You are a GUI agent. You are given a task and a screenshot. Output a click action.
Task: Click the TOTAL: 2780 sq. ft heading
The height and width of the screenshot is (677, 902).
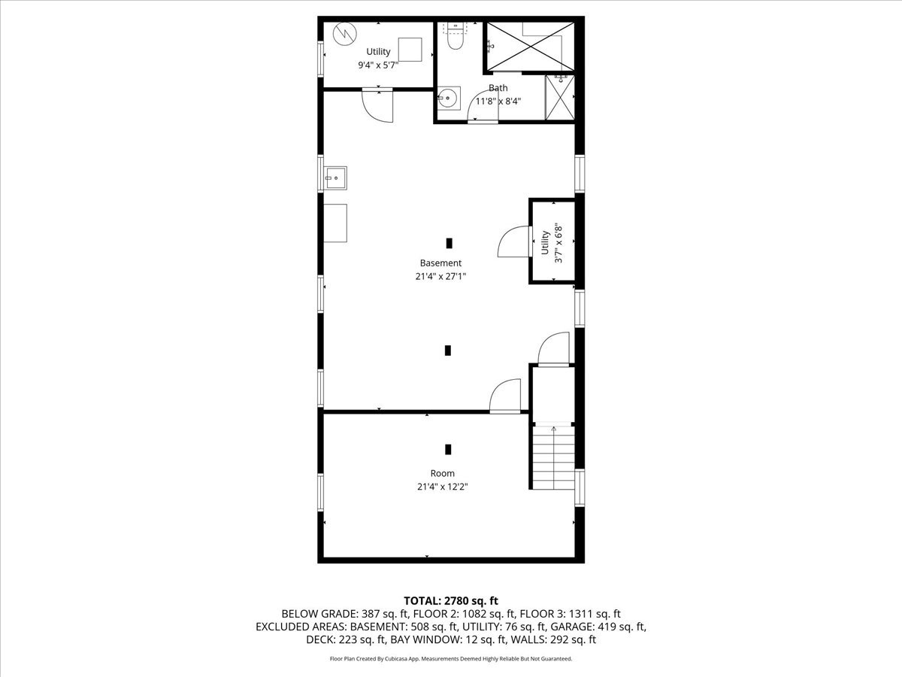coord(451,600)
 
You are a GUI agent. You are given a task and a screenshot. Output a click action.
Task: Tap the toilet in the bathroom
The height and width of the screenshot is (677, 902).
coord(455,39)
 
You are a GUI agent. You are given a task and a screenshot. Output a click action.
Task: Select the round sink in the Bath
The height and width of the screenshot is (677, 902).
coord(449,98)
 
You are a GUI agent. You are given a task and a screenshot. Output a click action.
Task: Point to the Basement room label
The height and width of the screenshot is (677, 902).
coord(440,263)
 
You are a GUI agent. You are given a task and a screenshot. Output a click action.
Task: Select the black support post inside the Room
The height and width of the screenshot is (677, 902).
coord(448,449)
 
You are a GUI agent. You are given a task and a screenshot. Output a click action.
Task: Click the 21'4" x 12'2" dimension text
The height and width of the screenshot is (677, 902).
coord(443,487)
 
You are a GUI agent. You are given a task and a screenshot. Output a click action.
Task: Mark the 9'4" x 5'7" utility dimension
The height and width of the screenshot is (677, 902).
coord(378,65)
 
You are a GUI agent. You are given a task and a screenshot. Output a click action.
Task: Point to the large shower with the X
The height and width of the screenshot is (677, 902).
coord(531,46)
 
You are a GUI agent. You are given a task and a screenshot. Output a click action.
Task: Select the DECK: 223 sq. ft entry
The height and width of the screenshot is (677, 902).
coord(346,640)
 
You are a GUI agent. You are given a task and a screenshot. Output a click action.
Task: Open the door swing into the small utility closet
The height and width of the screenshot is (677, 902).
coord(513,242)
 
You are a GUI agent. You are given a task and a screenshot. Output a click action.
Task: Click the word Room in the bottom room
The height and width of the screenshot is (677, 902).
coord(442,473)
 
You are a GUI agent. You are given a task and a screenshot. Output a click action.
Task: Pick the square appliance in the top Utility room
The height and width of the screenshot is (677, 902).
coord(410,50)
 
